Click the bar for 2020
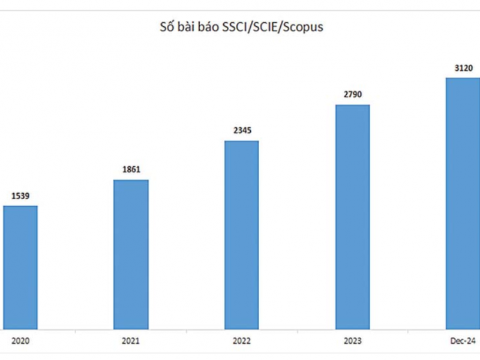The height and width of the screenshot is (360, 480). (x=20, y=268)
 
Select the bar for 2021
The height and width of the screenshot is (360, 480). (x=131, y=254)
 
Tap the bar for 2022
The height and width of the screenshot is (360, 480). (x=241, y=235)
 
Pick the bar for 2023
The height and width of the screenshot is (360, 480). (x=352, y=217)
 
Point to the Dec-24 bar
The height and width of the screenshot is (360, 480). (x=462, y=204)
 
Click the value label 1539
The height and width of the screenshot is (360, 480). (x=20, y=196)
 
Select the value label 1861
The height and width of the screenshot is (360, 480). (x=131, y=169)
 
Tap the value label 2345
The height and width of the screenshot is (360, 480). (x=241, y=130)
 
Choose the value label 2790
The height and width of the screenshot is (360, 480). (x=352, y=94)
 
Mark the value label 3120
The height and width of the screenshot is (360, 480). (x=463, y=67)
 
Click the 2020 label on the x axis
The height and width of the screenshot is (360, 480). (x=20, y=341)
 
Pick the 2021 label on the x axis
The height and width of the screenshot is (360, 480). (x=131, y=341)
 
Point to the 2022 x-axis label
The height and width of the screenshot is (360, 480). (x=241, y=341)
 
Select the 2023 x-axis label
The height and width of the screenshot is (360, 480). (x=352, y=341)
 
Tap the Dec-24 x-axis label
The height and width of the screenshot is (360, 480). (x=463, y=341)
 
